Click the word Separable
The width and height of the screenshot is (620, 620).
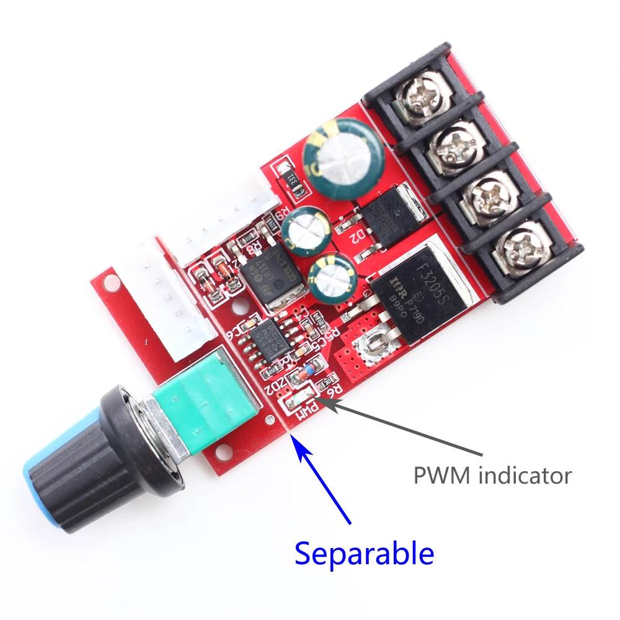coord(364,552)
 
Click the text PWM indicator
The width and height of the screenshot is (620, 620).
coord(492,476)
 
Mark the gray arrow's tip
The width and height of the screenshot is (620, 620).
coord(321,401)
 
